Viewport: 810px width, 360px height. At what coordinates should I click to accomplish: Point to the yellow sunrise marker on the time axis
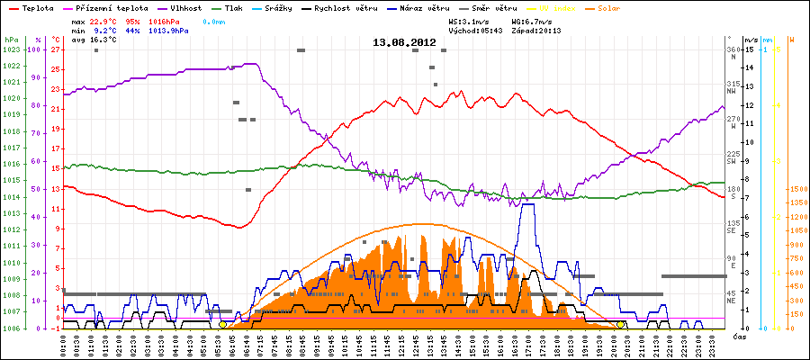tap(223, 324)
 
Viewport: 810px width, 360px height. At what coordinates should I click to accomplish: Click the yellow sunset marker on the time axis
tap(621, 324)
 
